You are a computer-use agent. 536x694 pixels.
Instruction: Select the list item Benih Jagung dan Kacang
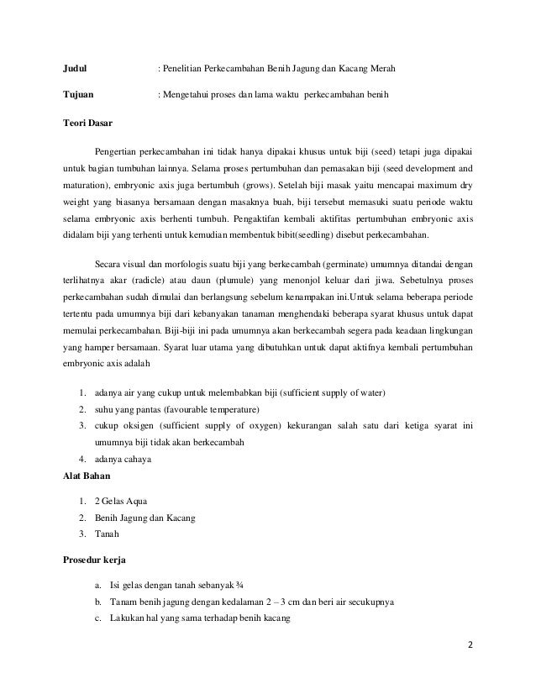(145, 518)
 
